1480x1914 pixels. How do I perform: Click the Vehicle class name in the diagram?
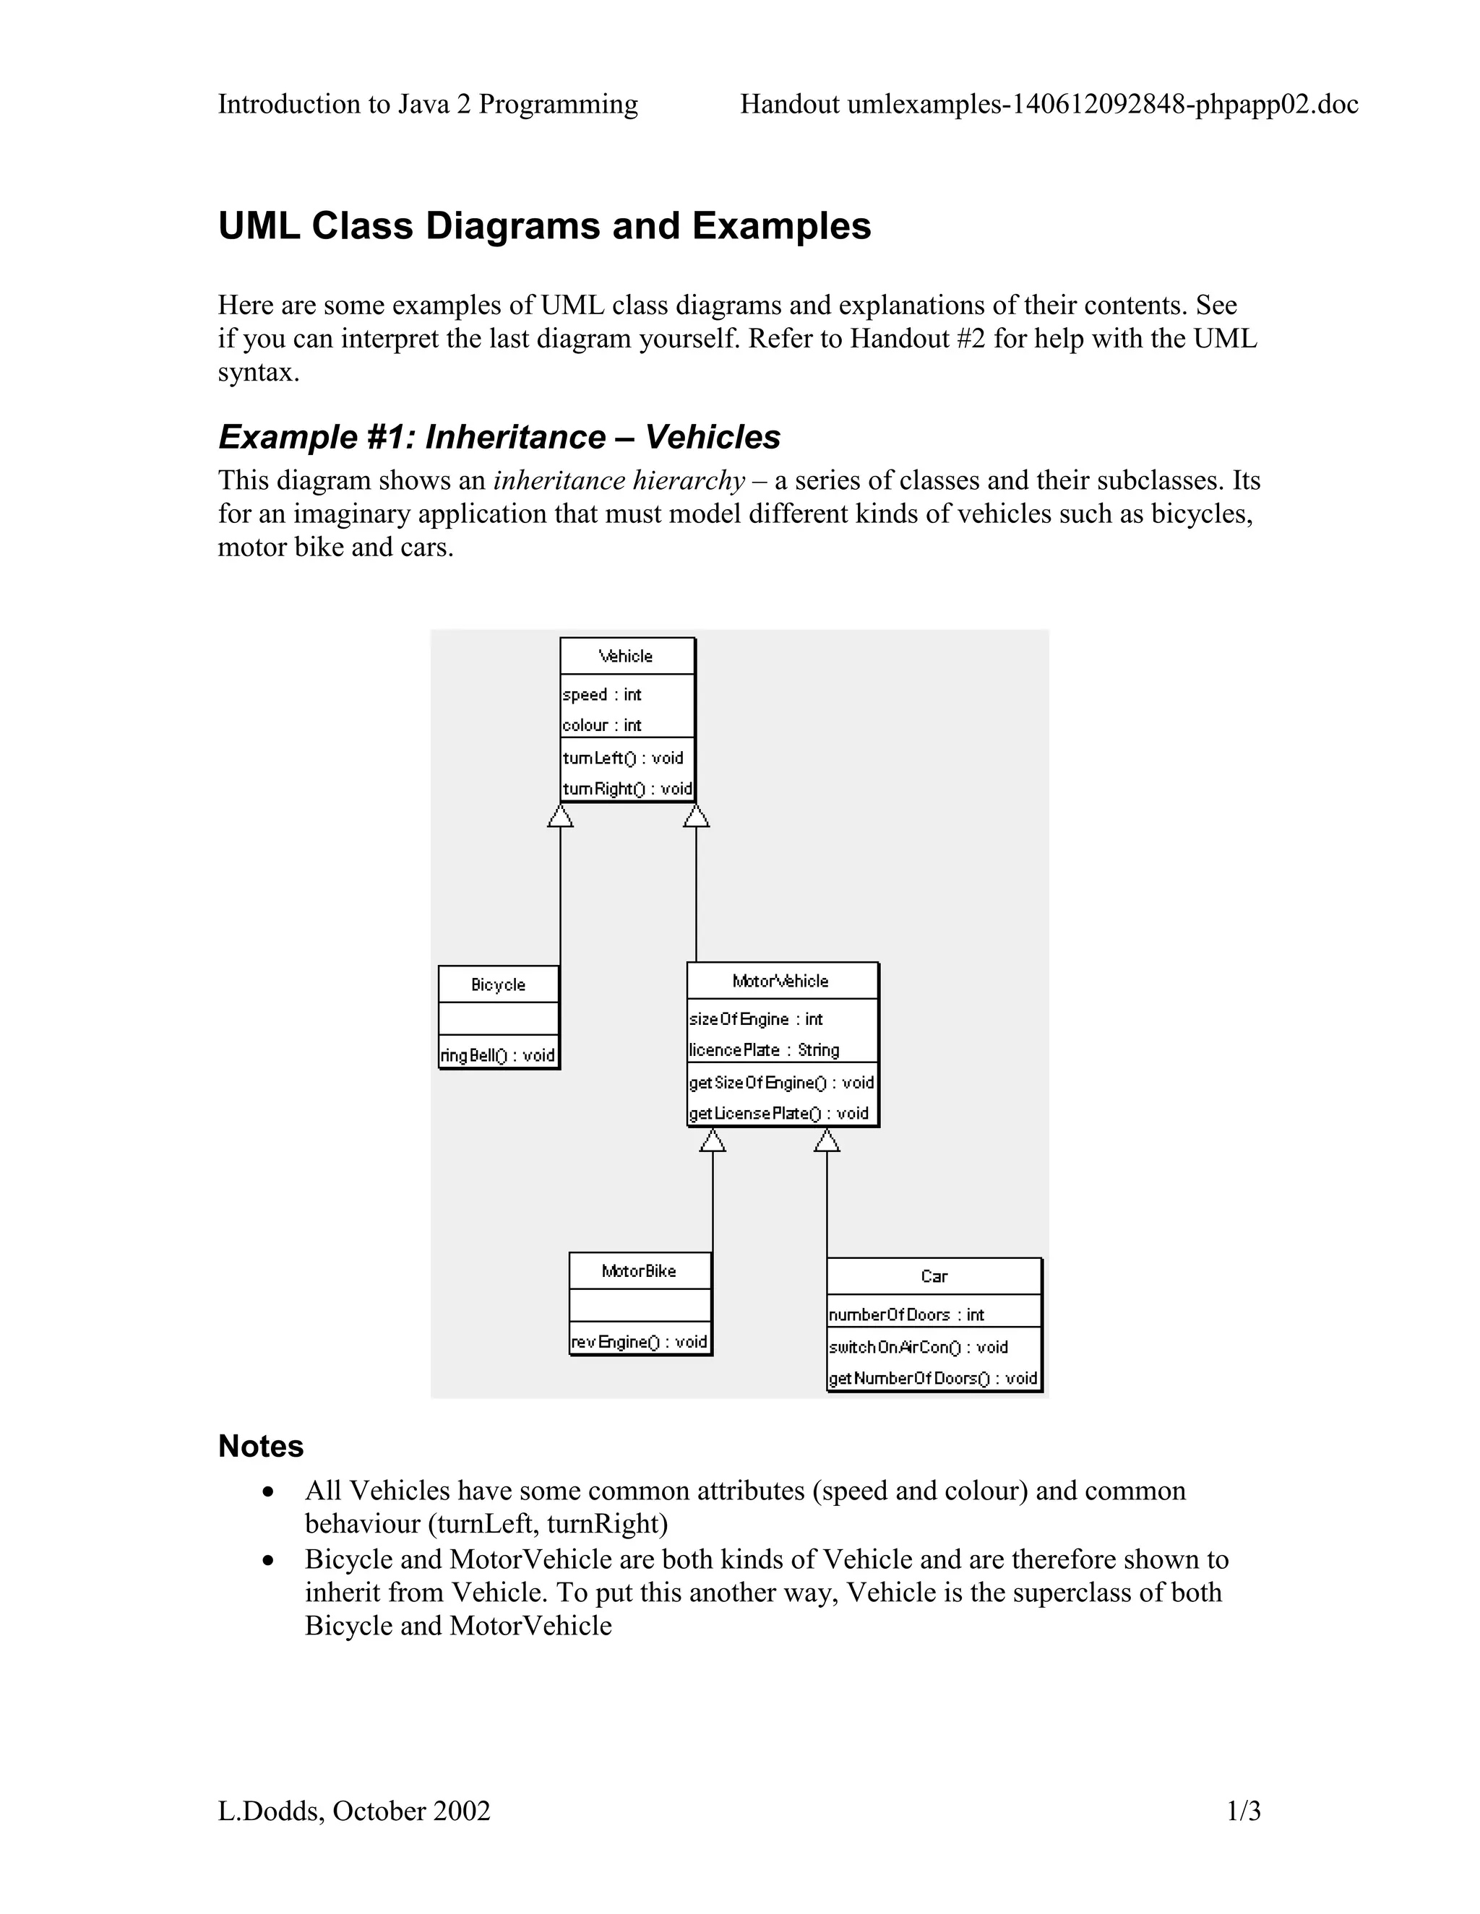[x=626, y=657]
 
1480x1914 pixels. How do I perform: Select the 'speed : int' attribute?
[x=603, y=695]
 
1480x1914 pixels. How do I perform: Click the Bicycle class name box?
[x=498, y=985]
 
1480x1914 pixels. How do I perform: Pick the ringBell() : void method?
[x=498, y=1055]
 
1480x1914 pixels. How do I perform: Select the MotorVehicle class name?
[x=780, y=982]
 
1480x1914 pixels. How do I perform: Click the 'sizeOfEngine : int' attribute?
[x=756, y=1019]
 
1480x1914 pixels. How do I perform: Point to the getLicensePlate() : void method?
[x=778, y=1113]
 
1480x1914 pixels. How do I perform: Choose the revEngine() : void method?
[x=639, y=1342]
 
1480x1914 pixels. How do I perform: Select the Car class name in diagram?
[x=934, y=1277]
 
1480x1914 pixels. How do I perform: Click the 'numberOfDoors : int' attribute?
[x=907, y=1315]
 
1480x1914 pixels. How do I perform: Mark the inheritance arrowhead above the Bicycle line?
[x=560, y=816]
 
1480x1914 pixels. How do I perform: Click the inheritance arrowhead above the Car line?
[x=827, y=1140]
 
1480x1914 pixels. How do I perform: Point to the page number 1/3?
[x=1243, y=1811]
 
